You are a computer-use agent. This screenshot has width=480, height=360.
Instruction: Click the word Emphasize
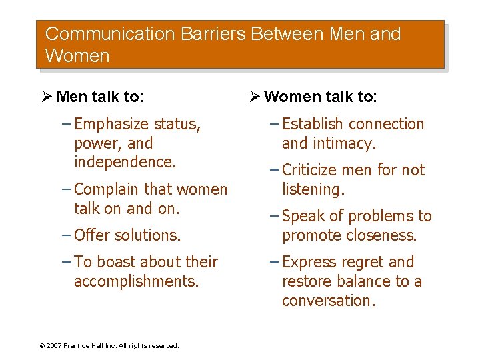coord(112,124)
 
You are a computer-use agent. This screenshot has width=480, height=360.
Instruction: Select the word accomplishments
coord(137,281)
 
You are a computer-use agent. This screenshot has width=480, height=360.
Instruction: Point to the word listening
coord(313,189)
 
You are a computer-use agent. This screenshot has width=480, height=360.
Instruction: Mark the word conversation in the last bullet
coord(329,301)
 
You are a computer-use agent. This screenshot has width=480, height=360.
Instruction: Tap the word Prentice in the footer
coord(78,346)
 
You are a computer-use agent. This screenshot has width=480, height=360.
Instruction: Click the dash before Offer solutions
coord(66,235)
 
